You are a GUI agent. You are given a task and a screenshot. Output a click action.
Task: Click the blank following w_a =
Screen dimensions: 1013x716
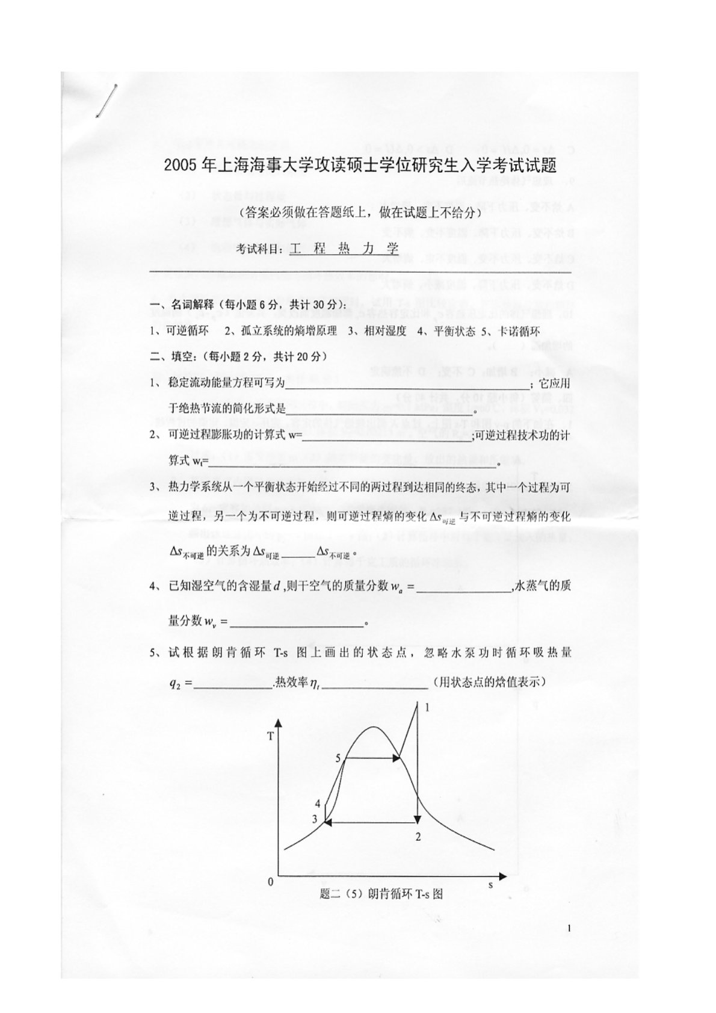pos(463,589)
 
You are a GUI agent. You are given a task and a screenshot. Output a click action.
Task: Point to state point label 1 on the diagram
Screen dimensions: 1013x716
pos(427,708)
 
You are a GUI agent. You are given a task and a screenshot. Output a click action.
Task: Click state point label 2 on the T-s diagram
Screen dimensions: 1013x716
pos(418,836)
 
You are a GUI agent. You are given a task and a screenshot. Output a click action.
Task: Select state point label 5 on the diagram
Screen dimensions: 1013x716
pos(338,758)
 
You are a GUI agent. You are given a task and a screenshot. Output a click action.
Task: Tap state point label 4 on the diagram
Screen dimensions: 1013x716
pos(317,804)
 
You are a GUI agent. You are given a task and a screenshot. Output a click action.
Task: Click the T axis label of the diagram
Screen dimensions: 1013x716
pos(271,736)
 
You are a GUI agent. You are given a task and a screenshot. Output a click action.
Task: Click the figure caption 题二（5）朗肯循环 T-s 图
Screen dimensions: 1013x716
pos(382,894)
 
